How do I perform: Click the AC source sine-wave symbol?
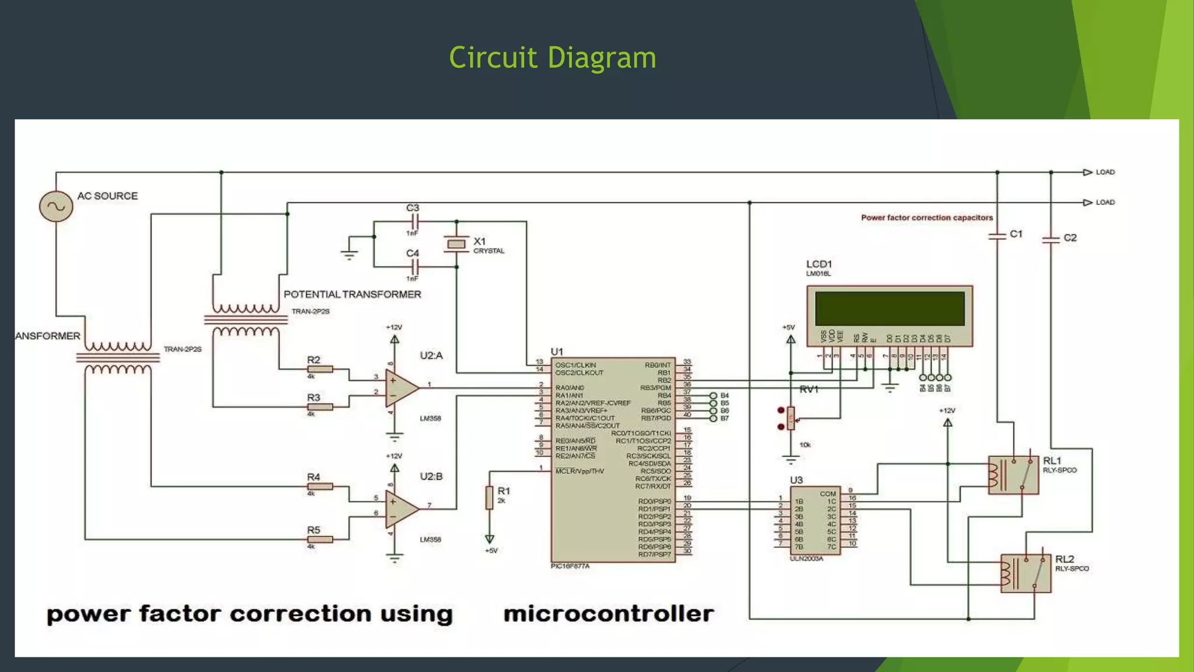[56, 206]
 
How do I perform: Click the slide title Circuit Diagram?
[552, 58]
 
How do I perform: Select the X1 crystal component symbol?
[456, 244]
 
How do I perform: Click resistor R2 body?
[319, 369]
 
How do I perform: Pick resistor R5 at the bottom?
[319, 540]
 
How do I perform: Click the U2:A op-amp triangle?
[401, 388]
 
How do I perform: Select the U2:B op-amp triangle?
[401, 509]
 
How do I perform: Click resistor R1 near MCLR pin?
[490, 498]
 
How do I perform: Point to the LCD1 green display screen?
[890, 309]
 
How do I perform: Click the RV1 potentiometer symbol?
[791, 418]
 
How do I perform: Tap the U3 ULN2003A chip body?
[815, 520]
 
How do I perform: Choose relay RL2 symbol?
[1026, 573]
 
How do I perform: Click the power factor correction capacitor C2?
[1051, 239]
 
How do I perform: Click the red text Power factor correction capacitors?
[926, 218]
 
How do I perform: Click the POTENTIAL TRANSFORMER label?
[352, 295]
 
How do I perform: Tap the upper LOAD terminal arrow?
[1087, 172]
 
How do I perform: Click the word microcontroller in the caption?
[608, 614]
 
